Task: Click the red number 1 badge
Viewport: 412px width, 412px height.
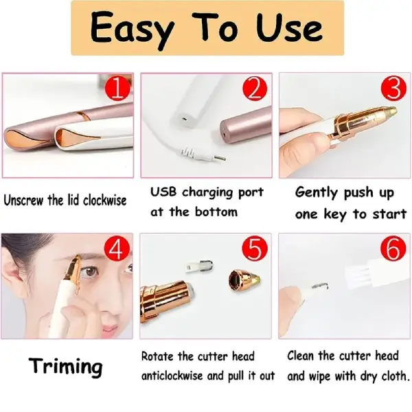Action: tap(117, 88)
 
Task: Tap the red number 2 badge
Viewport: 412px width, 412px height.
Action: tap(255, 88)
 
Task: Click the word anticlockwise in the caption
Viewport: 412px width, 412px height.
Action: tap(172, 376)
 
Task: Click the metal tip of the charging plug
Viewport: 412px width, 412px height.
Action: tap(220, 158)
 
